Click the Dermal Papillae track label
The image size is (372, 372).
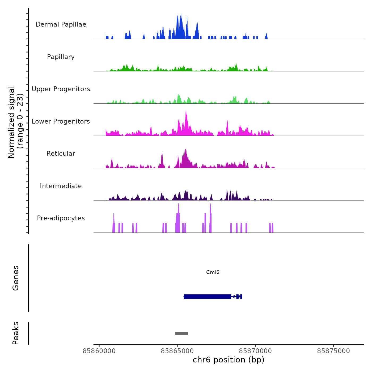pyautogui.click(x=61, y=24)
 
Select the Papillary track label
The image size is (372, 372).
pyautogui.click(x=61, y=57)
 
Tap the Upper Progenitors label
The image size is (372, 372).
pyautogui.click(x=61, y=89)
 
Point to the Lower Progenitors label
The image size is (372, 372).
pyautogui.click(x=61, y=121)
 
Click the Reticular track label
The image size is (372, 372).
pyautogui.click(x=61, y=154)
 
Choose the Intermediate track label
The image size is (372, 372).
pyautogui.click(x=61, y=186)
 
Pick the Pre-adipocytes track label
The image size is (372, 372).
pyautogui.click(x=61, y=218)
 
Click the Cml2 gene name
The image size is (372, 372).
pyautogui.click(x=213, y=272)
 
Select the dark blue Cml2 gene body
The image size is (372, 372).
pyautogui.click(x=207, y=297)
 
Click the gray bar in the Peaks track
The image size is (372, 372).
pyautogui.click(x=181, y=333)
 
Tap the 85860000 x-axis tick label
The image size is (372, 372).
pyautogui.click(x=99, y=351)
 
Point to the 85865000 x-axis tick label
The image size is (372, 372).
pyautogui.click(x=177, y=351)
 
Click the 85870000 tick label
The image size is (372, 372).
pyautogui.click(x=255, y=351)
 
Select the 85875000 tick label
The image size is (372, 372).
pyautogui.click(x=333, y=351)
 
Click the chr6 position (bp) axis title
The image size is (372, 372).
pyautogui.click(x=229, y=360)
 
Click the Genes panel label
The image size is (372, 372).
pyautogui.click(x=15, y=278)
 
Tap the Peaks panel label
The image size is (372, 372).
pyautogui.click(x=15, y=333)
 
